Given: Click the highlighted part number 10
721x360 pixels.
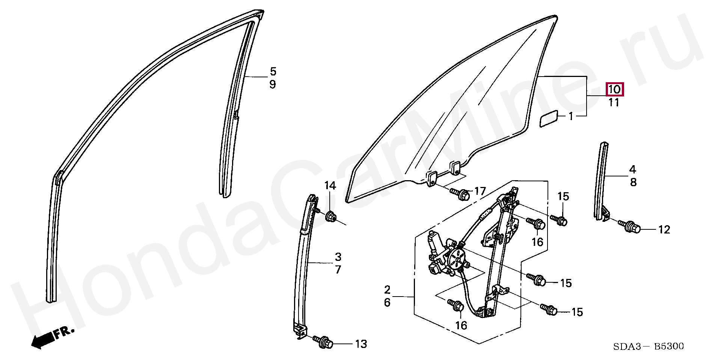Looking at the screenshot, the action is click(615, 89).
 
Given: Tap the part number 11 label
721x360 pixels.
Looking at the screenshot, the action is click(614, 102).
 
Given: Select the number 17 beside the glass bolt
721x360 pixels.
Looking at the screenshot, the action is click(480, 191).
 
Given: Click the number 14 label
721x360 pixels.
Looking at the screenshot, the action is click(330, 185).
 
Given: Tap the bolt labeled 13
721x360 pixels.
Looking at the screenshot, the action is click(324, 342).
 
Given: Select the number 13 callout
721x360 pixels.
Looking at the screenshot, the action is click(361, 344).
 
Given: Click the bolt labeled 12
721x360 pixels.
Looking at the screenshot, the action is click(630, 226).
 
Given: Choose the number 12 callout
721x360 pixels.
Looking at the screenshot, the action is click(664, 230).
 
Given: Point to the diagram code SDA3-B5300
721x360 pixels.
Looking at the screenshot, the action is click(649, 346).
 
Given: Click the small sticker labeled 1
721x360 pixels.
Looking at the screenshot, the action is click(550, 119).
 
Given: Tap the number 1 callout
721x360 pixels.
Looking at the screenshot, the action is click(571, 116).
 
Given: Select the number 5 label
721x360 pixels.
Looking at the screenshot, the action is click(273, 71).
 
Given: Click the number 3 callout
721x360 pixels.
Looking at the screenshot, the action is click(338, 257).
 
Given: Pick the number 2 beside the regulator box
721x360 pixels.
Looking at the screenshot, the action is click(387, 289).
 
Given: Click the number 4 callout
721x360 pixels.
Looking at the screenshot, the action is click(633, 169).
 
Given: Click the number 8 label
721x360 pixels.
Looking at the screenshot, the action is click(633, 182).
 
